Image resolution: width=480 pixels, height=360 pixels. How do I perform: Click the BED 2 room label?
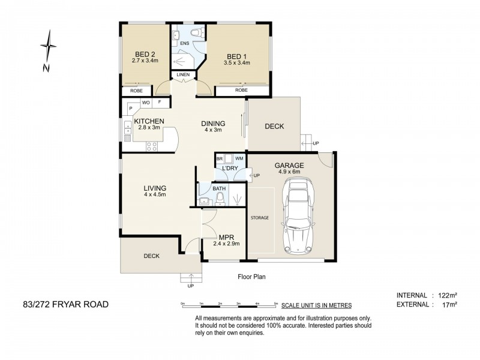point(145,55)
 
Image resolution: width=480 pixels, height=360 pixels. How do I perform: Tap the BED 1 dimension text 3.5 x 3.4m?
point(236,63)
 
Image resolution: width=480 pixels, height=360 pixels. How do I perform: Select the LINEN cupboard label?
point(183,74)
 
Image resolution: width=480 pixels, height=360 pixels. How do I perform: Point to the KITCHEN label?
point(149,121)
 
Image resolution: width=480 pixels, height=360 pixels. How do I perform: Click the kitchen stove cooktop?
point(152,146)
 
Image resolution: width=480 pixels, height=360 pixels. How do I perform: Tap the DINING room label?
point(213,124)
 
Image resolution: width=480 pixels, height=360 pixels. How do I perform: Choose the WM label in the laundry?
point(239,158)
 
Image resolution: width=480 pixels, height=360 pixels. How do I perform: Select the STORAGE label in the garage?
point(260,218)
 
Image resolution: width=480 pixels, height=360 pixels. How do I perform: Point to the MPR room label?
point(227,237)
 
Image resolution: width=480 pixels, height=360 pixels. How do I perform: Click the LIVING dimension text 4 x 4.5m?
point(155,194)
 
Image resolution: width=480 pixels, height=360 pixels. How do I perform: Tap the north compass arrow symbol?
point(49,46)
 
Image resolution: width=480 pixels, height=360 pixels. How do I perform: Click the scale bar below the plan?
point(230,305)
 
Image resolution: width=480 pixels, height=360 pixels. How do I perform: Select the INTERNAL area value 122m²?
point(448,295)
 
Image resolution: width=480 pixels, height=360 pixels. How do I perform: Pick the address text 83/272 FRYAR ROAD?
point(66,305)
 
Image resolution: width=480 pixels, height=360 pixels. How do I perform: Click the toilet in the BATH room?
point(220,200)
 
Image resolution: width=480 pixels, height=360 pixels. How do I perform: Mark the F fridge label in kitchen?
point(159,102)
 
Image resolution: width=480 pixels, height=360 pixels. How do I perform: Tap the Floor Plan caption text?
point(251,277)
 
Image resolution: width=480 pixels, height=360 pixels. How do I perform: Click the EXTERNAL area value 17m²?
point(450,305)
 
